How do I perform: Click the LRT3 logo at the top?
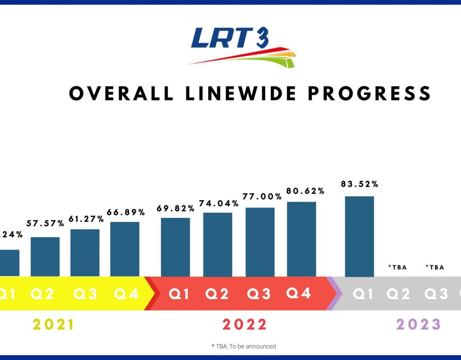coord(242,47)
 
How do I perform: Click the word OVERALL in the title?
coord(121,93)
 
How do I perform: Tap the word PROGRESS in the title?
coord(369,93)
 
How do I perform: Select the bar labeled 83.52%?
coord(359,236)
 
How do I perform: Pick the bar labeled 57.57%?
coord(45,256)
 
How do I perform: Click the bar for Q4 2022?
coord(302,239)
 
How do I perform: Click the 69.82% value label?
coord(175,208)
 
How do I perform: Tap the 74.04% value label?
coord(218,203)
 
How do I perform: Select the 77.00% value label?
coord(260,196)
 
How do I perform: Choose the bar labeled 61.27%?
coord(85,252)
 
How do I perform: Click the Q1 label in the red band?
coord(179,294)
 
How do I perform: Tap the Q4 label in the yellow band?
coord(126,294)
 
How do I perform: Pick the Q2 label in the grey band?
coord(399,294)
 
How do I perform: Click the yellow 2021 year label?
coord(54,325)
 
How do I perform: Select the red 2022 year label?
coord(244,325)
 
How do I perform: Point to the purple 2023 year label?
coord(418,325)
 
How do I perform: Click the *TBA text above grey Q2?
coord(398,267)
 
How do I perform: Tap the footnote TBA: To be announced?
coord(243,346)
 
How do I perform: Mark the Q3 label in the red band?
coord(259,294)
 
